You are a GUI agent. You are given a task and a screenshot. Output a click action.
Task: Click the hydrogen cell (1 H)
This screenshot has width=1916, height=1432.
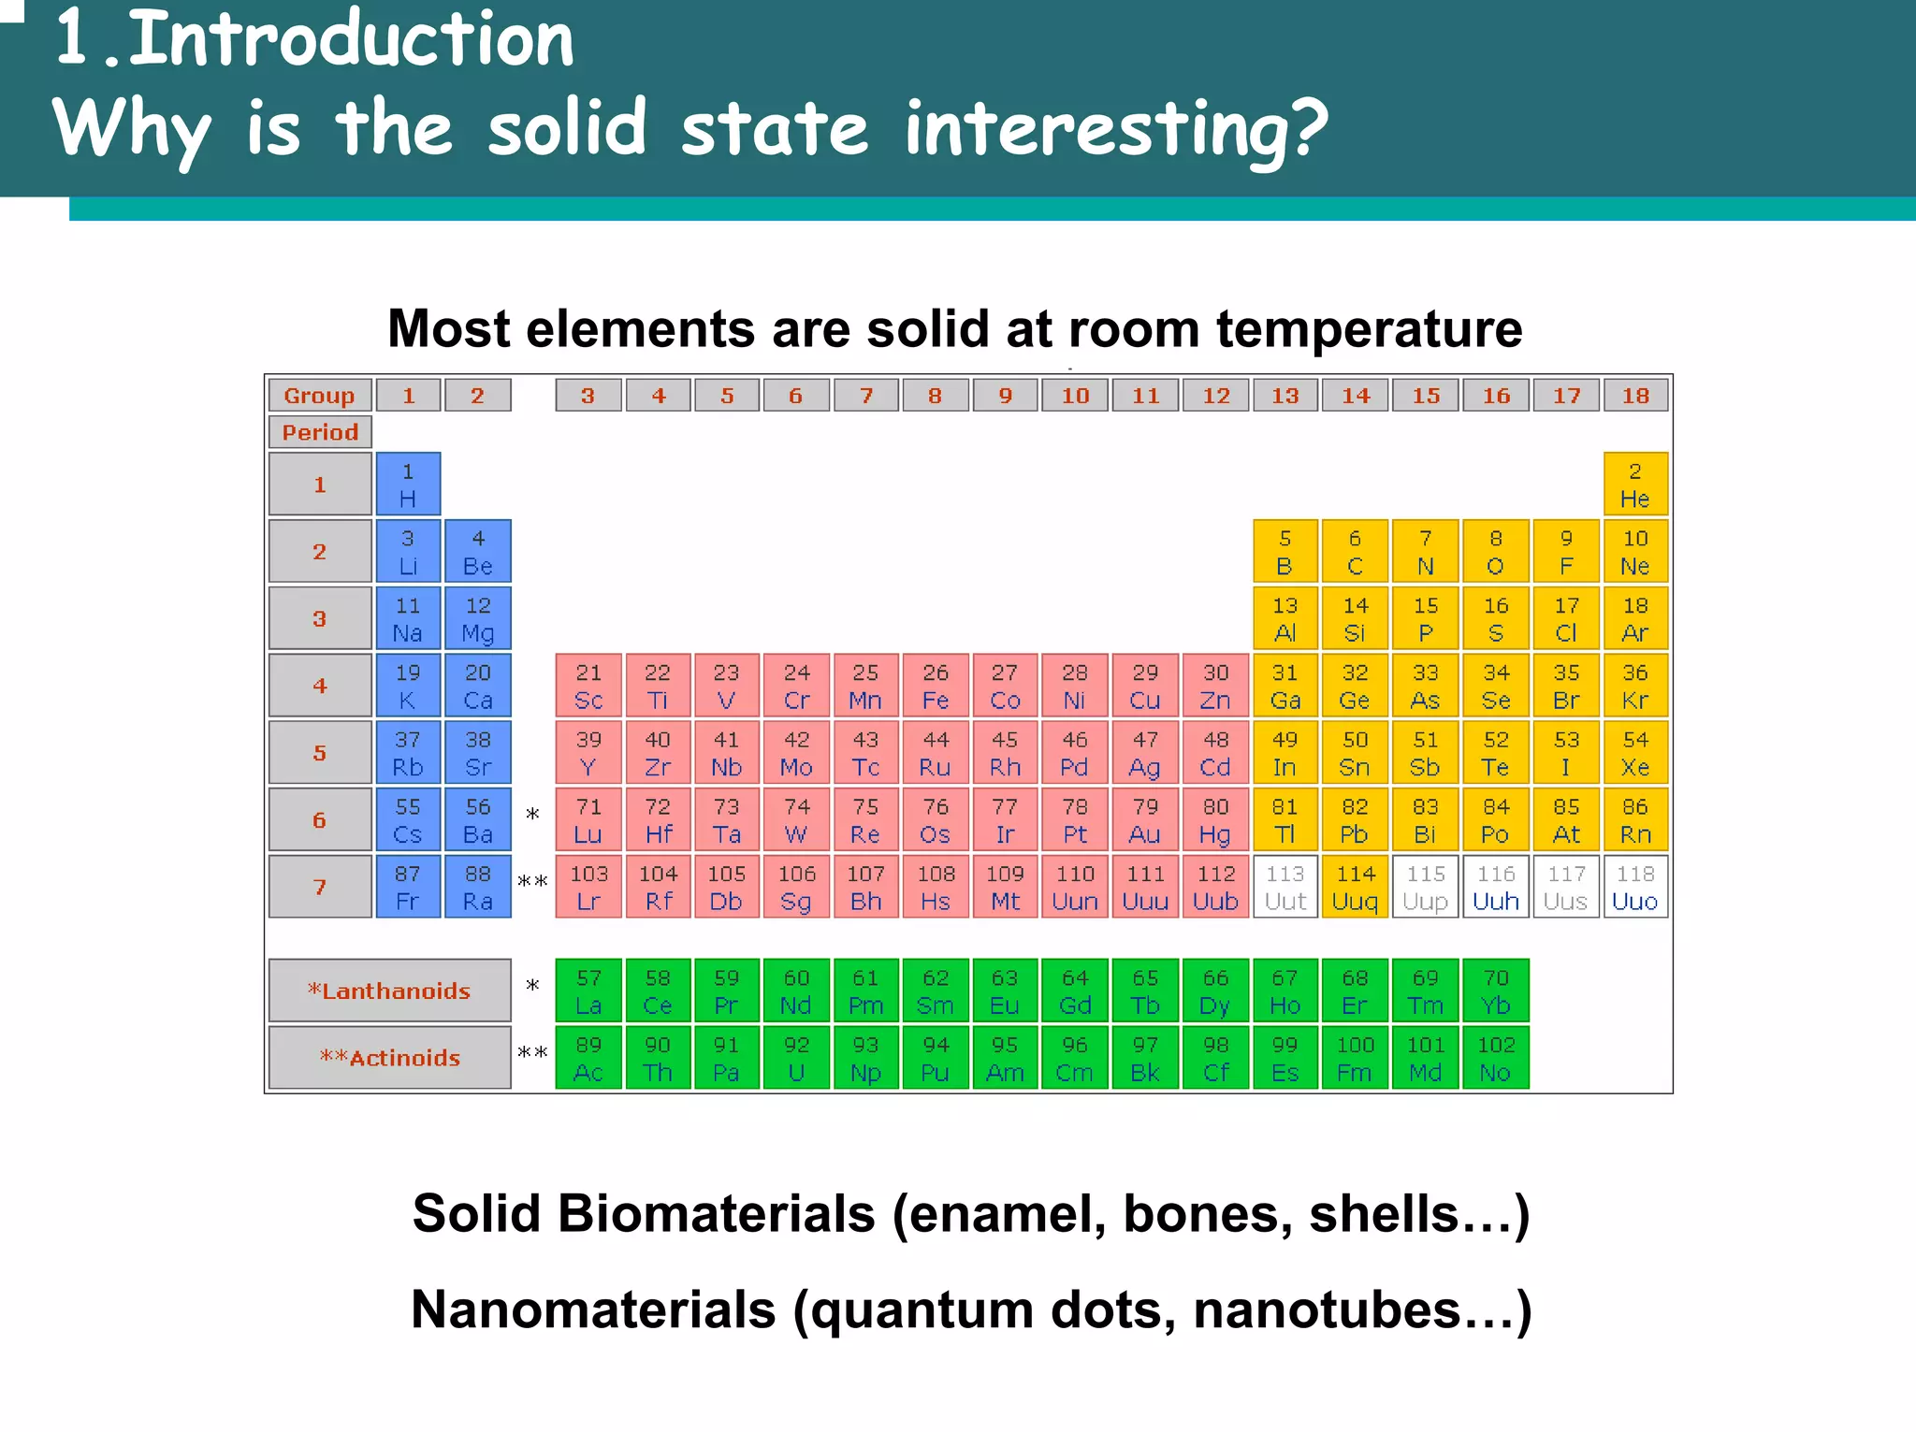pos(408,485)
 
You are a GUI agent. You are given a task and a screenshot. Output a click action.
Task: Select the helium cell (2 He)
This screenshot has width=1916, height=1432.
pos(1635,485)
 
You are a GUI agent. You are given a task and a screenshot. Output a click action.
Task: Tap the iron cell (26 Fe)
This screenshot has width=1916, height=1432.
pos(936,686)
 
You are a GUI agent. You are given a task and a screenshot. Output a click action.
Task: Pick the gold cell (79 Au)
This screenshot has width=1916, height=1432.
pos(1145,820)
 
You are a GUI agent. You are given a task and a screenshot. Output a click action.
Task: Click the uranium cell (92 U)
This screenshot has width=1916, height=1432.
pos(796,1058)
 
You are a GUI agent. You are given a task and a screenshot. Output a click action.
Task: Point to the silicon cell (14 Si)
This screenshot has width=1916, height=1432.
pos(1356,618)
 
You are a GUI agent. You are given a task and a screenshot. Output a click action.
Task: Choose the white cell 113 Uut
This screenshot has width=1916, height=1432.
pos(1285,887)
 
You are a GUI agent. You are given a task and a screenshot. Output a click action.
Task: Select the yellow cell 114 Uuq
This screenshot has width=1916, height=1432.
pos(1356,887)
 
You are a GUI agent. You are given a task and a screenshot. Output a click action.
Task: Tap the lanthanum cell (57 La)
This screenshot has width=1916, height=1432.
pos(588,991)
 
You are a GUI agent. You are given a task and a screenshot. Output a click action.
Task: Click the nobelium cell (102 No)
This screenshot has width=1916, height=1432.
pos(1496,1058)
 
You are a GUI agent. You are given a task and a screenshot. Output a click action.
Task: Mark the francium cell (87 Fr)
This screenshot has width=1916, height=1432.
pos(408,887)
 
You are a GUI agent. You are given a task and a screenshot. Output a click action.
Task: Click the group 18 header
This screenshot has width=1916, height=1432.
pos(1635,396)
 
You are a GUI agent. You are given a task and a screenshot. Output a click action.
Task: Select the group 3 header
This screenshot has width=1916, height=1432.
pos(588,396)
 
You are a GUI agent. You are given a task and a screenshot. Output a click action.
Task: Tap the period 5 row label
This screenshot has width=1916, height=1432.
pos(320,753)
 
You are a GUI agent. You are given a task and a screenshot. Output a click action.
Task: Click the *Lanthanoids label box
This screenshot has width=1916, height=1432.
pos(390,991)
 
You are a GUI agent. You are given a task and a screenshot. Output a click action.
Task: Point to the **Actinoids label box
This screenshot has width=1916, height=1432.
pos(390,1058)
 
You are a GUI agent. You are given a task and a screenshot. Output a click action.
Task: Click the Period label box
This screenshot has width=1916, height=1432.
pos(320,432)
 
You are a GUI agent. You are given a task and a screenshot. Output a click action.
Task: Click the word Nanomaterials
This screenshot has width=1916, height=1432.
pos(593,1309)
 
